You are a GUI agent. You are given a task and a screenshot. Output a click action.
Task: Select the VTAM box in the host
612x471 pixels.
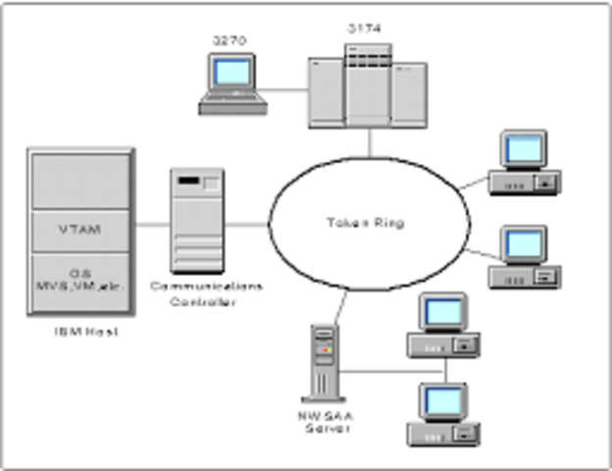[x=79, y=229]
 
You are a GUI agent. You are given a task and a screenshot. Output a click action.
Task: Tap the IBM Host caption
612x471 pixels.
[x=80, y=333]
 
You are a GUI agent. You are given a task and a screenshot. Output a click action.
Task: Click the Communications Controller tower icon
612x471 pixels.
[x=196, y=220]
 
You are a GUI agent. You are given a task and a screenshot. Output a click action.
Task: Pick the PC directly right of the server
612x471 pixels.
[x=442, y=326]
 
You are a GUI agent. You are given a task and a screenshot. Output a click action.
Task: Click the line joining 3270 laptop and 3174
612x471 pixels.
[x=286, y=90]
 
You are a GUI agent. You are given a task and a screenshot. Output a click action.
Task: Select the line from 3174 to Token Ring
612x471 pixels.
[x=370, y=142]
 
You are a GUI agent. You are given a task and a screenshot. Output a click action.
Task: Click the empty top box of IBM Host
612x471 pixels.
[x=79, y=179]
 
